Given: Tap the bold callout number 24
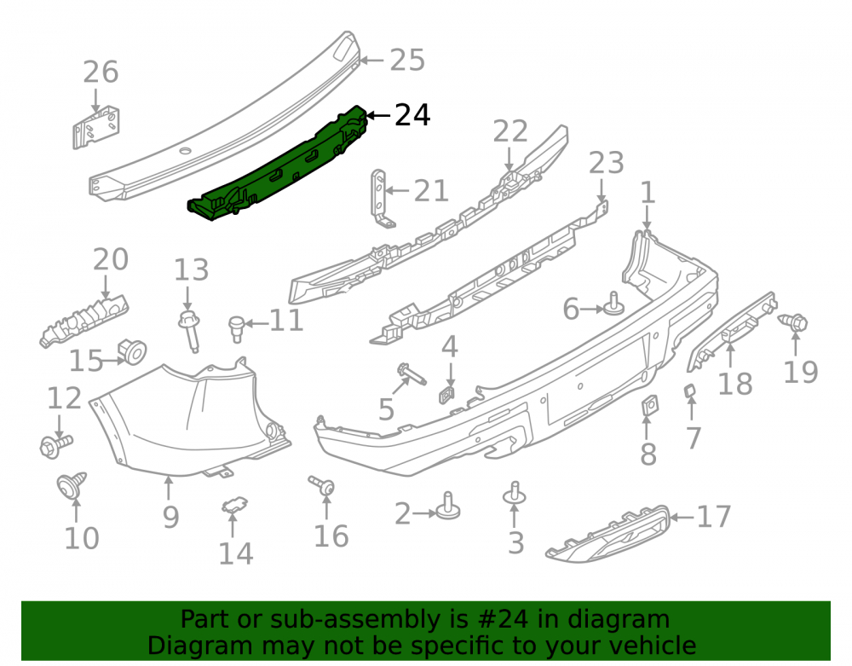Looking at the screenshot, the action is coord(412,115).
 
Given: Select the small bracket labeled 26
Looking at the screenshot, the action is coord(96,127).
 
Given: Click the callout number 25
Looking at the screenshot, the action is coord(407,60).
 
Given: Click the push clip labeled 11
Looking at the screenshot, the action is coord(236,329).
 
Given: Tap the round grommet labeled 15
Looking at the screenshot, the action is coord(132,352).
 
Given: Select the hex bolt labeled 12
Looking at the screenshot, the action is coord(55,445).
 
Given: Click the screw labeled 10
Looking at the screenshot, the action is coord(72,485).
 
